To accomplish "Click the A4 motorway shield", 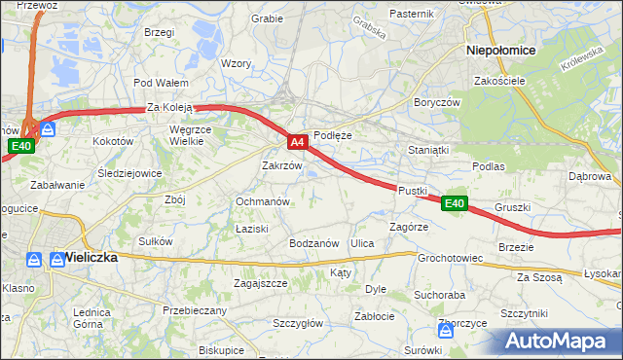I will tap(299, 142).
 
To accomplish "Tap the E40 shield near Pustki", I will tap(455, 203).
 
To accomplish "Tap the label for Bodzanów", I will tap(313, 242).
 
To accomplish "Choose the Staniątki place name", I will tap(428, 151).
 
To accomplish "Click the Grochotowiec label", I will tap(451, 259).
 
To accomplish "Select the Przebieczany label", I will tap(195, 310).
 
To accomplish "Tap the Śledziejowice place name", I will tap(129, 174).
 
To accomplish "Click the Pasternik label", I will tap(411, 14).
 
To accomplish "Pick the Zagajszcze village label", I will tap(260, 283).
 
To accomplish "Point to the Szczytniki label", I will tap(524, 313).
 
